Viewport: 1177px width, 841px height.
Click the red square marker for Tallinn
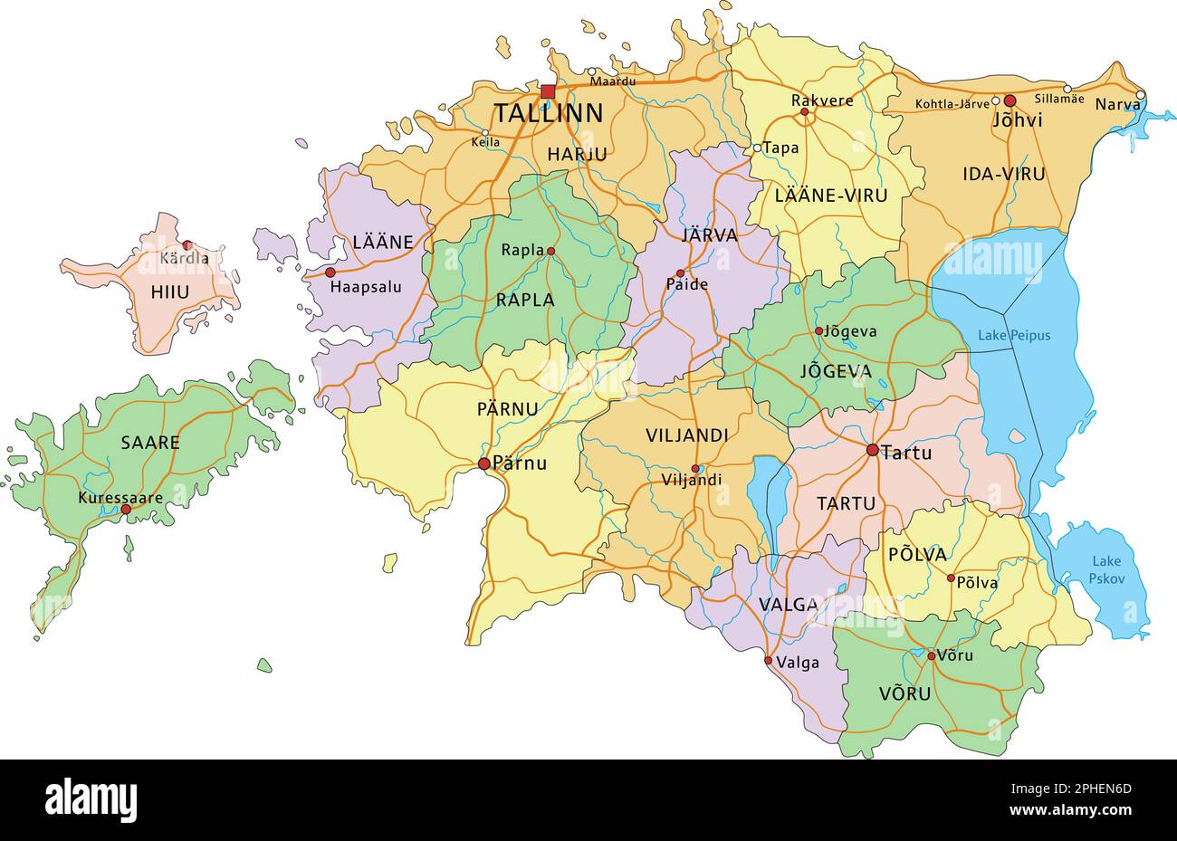[548, 91]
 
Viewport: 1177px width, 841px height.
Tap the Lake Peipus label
[1014, 336]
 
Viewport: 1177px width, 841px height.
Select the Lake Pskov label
[1105, 569]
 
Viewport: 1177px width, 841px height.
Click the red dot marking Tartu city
[873, 450]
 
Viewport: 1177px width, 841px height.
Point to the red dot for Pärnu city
[484, 464]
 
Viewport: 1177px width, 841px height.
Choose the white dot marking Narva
[1141, 95]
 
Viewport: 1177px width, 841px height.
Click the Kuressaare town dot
[126, 510]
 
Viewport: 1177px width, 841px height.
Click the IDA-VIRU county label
[1004, 174]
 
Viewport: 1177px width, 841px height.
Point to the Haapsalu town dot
[330, 272]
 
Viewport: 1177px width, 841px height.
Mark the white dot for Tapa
[757, 148]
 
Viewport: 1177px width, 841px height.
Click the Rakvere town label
[822, 100]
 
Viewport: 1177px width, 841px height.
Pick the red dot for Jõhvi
[1010, 100]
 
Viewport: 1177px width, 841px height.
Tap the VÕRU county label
[904, 694]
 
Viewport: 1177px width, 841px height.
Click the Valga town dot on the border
[769, 660]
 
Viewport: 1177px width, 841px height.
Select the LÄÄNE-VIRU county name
[831, 196]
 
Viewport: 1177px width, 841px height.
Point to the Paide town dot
[681, 272]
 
